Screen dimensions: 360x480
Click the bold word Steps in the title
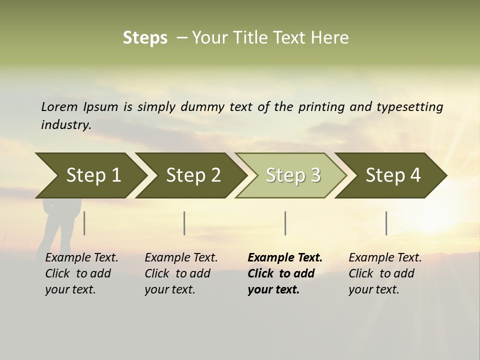click(x=145, y=38)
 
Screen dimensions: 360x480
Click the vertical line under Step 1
click(x=84, y=223)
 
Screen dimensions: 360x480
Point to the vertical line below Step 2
click(x=184, y=223)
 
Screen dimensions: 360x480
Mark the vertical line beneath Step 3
click(x=285, y=223)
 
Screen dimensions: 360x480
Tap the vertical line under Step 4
click(x=386, y=223)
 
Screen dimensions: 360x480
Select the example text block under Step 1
click(x=81, y=273)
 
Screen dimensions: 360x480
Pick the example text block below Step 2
click(x=181, y=273)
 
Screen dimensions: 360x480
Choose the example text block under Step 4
click(x=385, y=273)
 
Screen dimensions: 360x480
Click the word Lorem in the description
click(x=59, y=106)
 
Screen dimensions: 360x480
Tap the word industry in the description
click(x=65, y=124)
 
